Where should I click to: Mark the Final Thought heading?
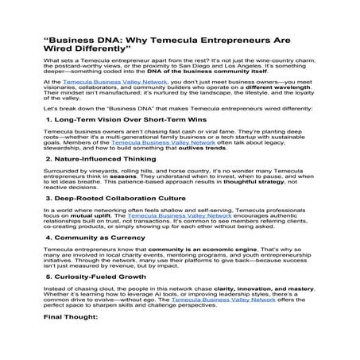(x=71, y=316)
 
